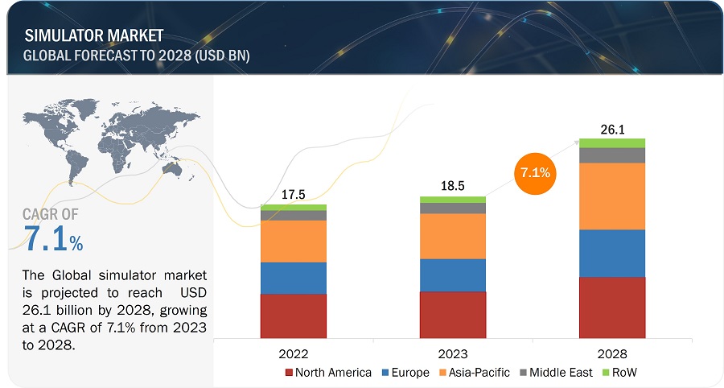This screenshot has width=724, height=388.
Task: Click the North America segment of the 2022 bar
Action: coord(294,315)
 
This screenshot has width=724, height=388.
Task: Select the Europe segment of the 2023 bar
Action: coord(453,274)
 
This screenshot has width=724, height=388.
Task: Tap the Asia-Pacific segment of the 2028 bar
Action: coord(612,196)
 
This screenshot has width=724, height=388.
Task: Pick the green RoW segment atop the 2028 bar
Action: coord(612,142)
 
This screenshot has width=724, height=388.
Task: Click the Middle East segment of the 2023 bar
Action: coord(453,208)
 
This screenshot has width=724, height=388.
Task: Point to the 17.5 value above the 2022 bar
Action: coord(294,194)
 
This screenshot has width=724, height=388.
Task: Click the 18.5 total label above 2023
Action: coord(453,186)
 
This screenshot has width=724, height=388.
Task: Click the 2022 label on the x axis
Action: coord(294,353)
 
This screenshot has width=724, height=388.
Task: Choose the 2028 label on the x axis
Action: coord(612,353)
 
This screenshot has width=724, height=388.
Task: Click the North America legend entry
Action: coord(328,372)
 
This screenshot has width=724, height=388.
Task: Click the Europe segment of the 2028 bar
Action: coord(612,253)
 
